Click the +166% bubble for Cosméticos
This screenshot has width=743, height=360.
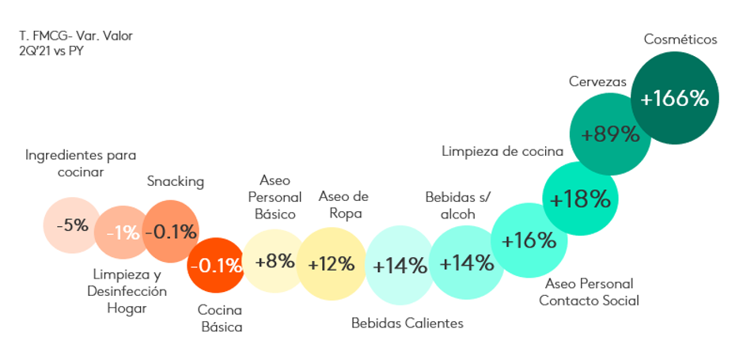click(x=674, y=99)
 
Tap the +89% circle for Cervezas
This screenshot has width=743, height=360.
click(x=609, y=134)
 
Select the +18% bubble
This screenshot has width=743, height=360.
click(x=580, y=199)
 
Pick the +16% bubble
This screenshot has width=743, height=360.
click(x=529, y=241)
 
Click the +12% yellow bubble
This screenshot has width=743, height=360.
click(x=331, y=263)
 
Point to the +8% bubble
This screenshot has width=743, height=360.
click(x=274, y=261)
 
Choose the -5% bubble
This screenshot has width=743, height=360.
click(x=72, y=225)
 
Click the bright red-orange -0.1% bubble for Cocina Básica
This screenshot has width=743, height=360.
click(x=215, y=265)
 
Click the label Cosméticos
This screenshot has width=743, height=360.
click(x=680, y=39)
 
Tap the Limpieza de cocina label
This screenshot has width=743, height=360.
click(x=502, y=150)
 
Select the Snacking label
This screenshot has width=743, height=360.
click(x=176, y=181)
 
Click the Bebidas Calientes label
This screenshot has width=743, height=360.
click(x=408, y=323)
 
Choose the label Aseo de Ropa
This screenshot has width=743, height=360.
click(x=343, y=204)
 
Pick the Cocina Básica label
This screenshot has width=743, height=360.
click(x=220, y=318)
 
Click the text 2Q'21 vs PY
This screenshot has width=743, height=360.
click(x=52, y=51)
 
